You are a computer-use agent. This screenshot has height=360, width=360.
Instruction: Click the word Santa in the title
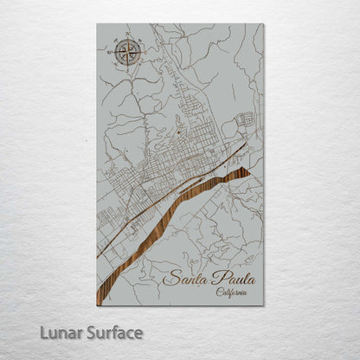tap(183, 278)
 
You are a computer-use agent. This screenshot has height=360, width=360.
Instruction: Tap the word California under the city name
tap(231, 292)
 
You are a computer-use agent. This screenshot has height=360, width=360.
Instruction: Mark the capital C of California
tap(219, 292)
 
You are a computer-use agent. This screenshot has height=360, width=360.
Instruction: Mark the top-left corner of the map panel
tap(97, 23)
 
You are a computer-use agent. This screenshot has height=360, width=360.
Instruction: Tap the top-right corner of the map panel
tap(264, 23)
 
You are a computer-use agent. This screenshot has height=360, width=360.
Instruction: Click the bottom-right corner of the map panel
tap(264, 305)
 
